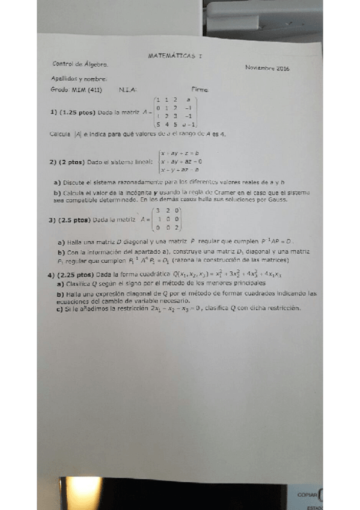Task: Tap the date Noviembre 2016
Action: tap(267, 69)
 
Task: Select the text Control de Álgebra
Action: tap(81, 63)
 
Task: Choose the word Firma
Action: tap(199, 90)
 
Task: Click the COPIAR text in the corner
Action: tap(307, 494)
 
